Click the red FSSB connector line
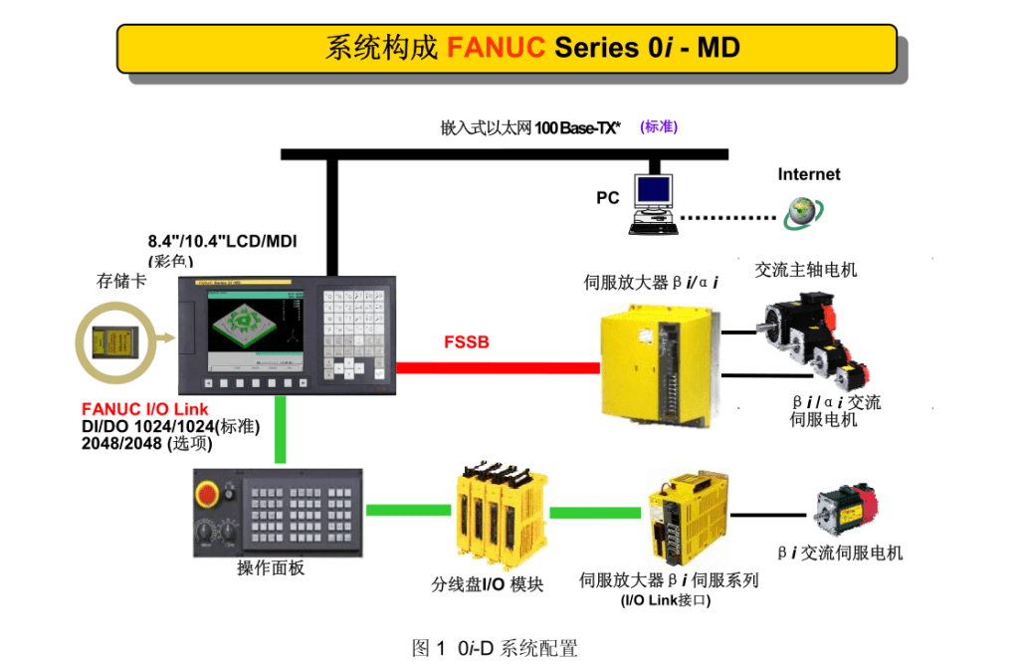498,367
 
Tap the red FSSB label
466,343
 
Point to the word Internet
808,174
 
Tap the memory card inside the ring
112,343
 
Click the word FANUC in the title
496,48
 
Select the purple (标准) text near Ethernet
659,127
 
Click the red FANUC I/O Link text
145,410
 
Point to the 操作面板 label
270,568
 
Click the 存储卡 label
120,281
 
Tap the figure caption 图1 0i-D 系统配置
495,648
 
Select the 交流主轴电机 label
805,270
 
